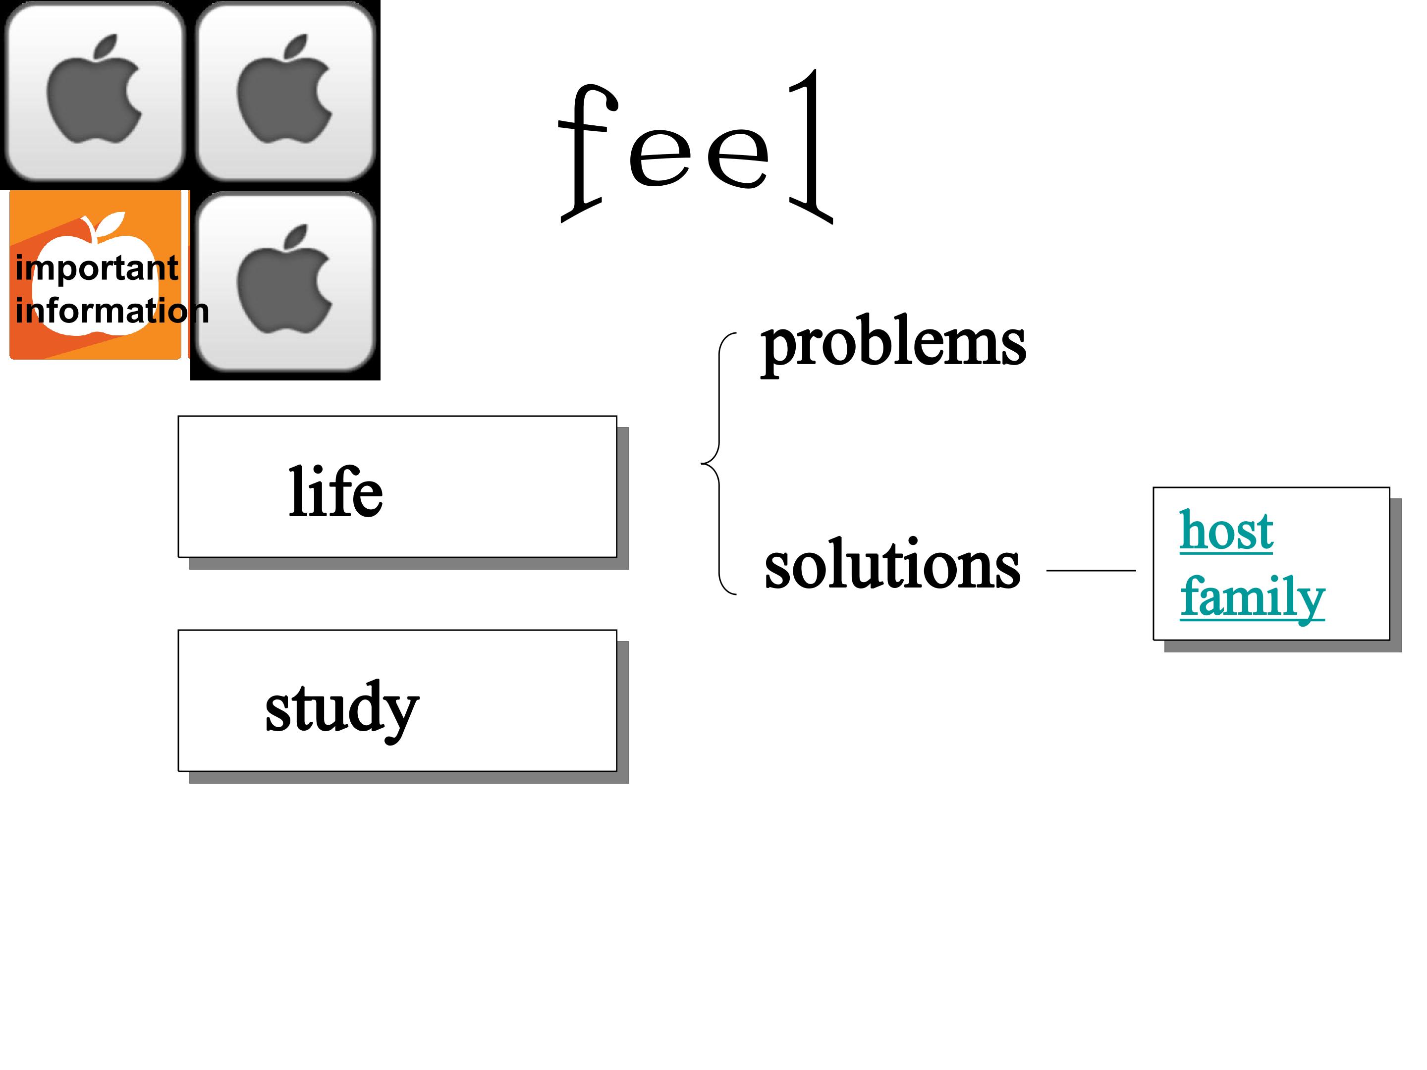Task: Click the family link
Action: coord(1252,598)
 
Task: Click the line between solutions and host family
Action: coord(1091,571)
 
